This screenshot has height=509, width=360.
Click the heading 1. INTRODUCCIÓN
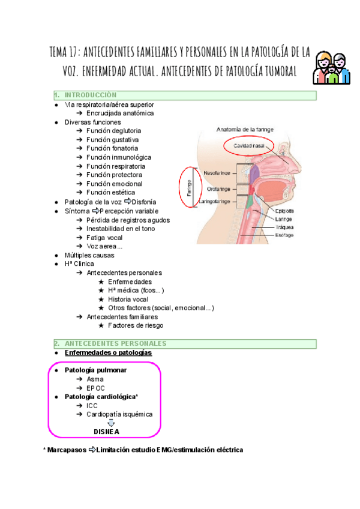[x=90, y=95]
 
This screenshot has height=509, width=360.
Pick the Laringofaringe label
[x=217, y=201]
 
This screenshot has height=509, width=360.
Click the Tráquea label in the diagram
[x=284, y=227]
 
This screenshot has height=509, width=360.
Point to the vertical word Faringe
[x=188, y=187]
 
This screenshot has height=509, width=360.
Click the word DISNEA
[x=106, y=432]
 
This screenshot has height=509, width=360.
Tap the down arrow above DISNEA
[x=110, y=423]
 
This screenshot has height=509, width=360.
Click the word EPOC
[x=96, y=388]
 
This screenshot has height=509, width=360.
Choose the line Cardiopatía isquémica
[x=119, y=414]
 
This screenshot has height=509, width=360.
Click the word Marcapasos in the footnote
[x=67, y=450]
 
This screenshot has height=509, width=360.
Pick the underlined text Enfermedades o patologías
[x=108, y=353]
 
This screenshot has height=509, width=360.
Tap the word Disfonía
[x=146, y=202]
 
